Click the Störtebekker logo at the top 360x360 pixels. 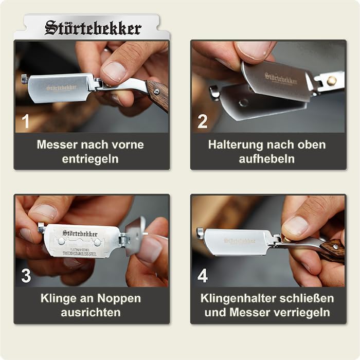coord(93,27)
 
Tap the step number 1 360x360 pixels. coord(26,121)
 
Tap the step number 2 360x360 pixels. coord(203,121)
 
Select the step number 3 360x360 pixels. coord(26,276)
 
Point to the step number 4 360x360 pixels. coord(203,276)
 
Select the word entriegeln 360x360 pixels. coord(91,159)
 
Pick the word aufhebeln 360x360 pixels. coord(267,159)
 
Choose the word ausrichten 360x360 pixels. coord(91,313)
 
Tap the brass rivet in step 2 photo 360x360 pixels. coord(332,80)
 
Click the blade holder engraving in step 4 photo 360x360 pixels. coord(240,241)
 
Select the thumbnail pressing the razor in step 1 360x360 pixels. coord(114,71)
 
